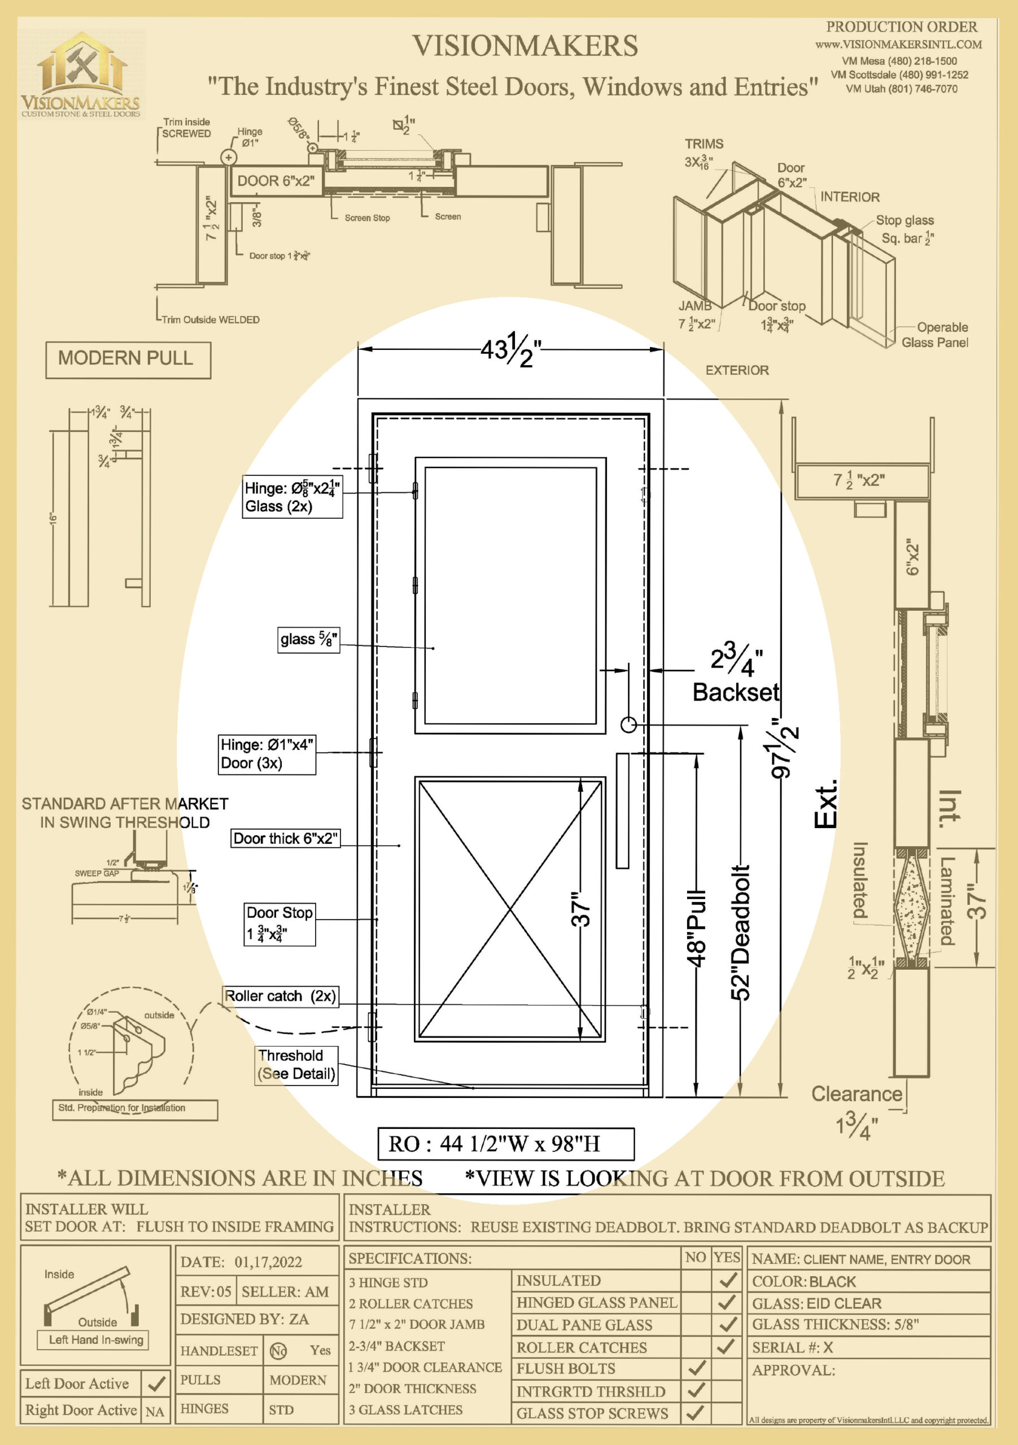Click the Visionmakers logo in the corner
point(81,75)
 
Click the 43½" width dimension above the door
point(510,350)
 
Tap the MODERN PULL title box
point(128,360)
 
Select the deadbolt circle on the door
point(628,725)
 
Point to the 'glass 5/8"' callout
point(308,640)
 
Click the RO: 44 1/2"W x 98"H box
point(505,1144)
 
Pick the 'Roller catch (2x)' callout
point(281,996)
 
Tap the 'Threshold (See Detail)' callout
point(296,1065)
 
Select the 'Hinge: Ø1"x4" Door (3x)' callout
point(266,754)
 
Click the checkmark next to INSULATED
point(727,1280)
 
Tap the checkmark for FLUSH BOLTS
point(696,1368)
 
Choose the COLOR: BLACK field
point(868,1281)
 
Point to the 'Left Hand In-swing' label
point(97,1340)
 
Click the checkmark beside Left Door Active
point(155,1384)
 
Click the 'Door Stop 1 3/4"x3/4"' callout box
point(279,924)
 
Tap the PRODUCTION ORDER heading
point(901,27)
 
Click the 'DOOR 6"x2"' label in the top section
point(275,181)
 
